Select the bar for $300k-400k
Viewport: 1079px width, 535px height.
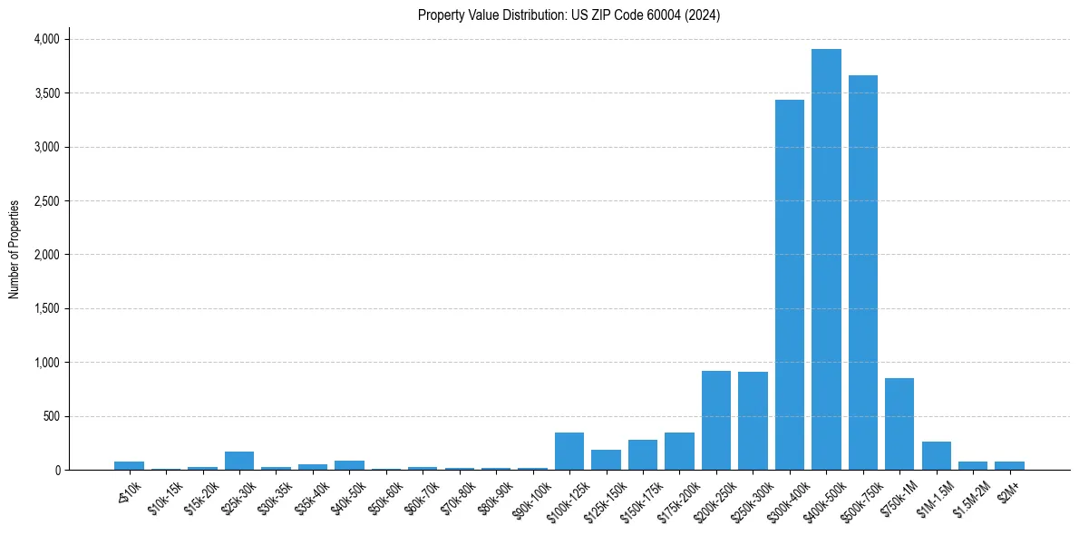coord(790,285)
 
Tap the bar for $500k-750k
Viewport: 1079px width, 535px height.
coord(863,272)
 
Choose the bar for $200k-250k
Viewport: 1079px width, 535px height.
coord(716,421)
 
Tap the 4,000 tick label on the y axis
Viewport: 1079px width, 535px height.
coord(46,39)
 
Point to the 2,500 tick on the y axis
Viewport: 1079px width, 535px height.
coord(46,201)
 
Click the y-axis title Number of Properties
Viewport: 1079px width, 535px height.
coord(15,249)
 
